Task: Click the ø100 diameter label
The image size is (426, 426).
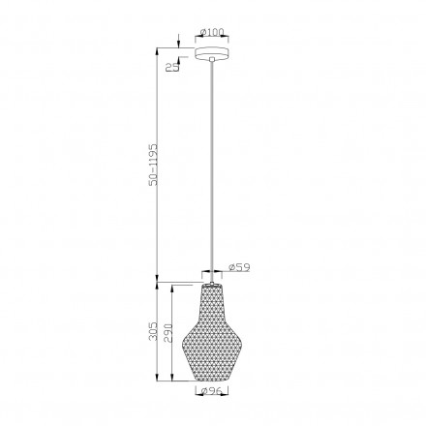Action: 213,32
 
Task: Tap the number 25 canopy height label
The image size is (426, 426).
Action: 171,66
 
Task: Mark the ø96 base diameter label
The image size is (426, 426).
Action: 214,393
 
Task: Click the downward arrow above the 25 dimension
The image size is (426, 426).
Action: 181,42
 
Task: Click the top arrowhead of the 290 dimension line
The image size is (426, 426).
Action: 172,287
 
